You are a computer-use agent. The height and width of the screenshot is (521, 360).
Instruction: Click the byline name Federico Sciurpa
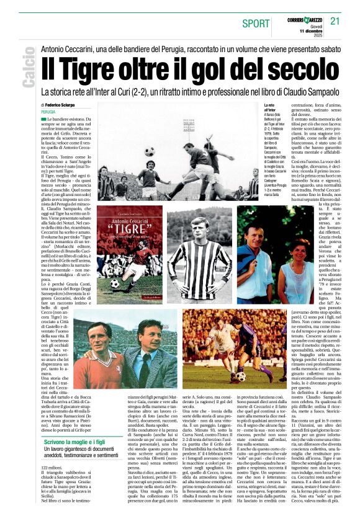[x=66, y=106]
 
